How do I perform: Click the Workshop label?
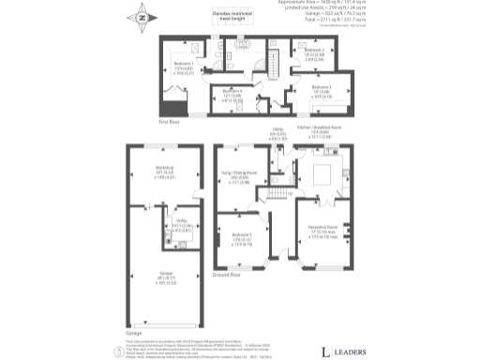(x=165, y=172)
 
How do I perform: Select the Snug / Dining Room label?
(x=239, y=176)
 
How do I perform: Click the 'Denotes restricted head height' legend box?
(x=218, y=19)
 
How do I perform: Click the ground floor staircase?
(x=277, y=194)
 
